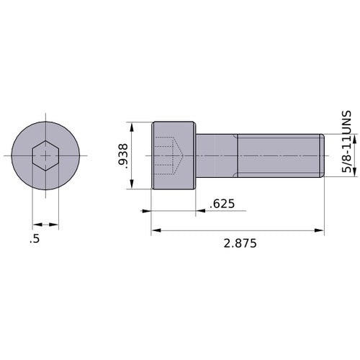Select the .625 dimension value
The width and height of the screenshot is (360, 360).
pyautogui.click(x=221, y=204)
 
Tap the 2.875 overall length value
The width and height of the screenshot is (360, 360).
pyautogui.click(x=240, y=243)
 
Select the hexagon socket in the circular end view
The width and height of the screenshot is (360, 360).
pyautogui.click(x=45, y=156)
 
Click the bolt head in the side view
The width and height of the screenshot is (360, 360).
pyautogui.click(x=174, y=156)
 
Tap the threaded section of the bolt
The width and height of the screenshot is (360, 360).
pyautogui.click(x=277, y=156)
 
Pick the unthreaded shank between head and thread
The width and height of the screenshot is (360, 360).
pyautogui.click(x=216, y=156)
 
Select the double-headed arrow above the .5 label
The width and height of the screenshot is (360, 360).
pyautogui.click(x=45, y=224)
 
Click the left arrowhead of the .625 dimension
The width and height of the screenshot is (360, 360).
pyautogui.click(x=148, y=212)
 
